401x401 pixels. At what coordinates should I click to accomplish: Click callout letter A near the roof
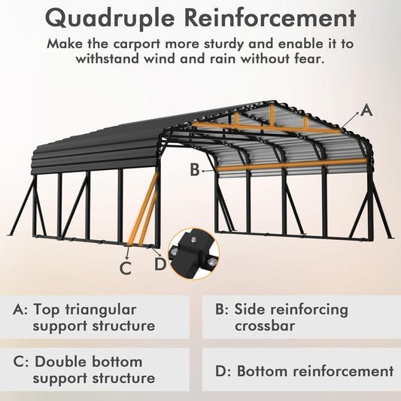click(x=366, y=110)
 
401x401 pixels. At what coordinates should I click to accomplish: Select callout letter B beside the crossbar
click(x=195, y=170)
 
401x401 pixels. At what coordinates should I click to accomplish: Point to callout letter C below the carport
click(x=126, y=266)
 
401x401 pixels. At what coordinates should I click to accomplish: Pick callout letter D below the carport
click(x=159, y=263)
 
